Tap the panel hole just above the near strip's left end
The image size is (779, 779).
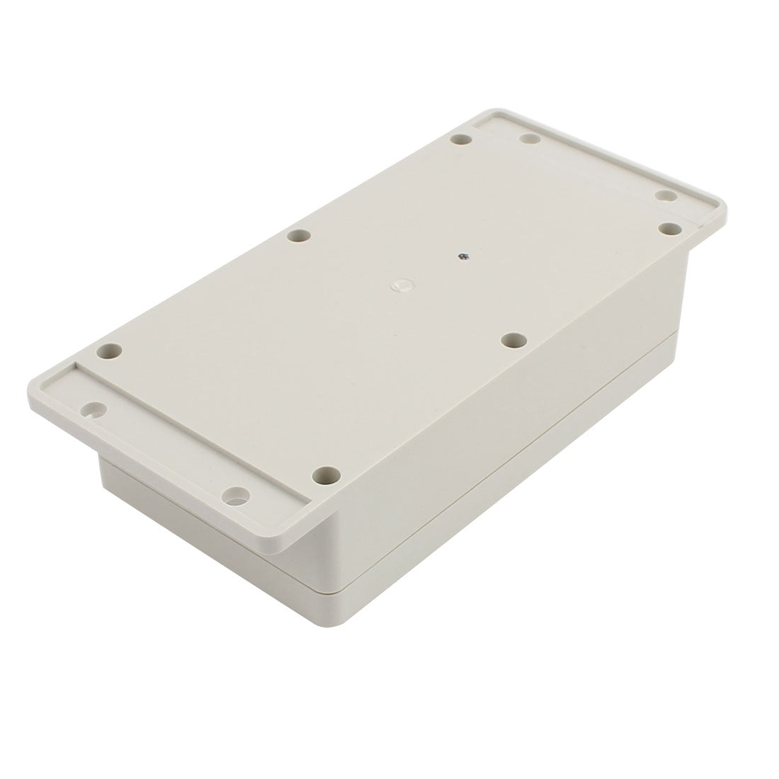(110, 350)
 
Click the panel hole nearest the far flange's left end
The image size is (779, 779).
(461, 141)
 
